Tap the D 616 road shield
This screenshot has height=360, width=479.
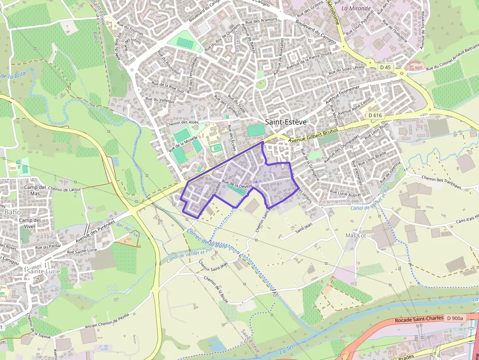pos(375,115)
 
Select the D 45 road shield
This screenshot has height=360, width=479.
pos(385,67)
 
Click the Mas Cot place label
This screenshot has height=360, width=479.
pos(355,235)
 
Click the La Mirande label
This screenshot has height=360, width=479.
pos(353,8)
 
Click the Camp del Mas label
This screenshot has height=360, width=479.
pos(35,190)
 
